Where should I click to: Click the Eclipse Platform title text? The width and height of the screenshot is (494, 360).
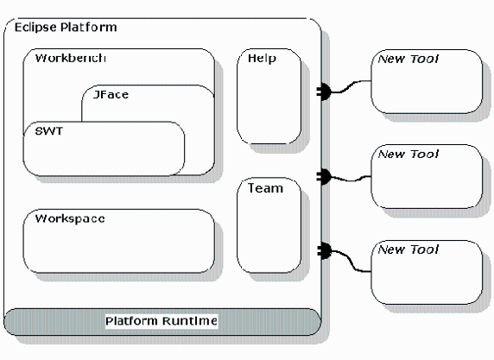tap(66, 28)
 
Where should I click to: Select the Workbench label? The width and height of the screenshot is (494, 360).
tap(70, 58)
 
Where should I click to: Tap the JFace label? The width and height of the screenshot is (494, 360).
tap(111, 94)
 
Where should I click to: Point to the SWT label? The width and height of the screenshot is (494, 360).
tap(49, 131)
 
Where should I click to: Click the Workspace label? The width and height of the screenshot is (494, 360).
tap(70, 218)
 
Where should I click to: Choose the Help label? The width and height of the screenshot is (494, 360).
tap(262, 59)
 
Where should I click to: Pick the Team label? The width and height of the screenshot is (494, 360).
tap(265, 188)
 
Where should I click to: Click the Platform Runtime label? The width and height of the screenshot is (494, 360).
tap(161, 321)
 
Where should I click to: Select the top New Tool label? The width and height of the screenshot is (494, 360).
tap(408, 59)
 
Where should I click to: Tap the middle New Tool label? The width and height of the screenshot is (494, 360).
tap(408, 154)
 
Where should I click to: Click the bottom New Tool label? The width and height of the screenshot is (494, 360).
tap(408, 249)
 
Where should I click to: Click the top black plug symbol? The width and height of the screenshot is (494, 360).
tap(324, 92)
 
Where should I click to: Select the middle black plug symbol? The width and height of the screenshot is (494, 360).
tap(324, 176)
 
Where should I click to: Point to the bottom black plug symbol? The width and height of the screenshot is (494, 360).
tap(324, 251)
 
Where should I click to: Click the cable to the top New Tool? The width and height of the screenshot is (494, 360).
tap(351, 85)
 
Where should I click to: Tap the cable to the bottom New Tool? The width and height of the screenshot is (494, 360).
tap(351, 260)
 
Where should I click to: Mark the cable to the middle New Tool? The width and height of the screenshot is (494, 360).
tap(351, 180)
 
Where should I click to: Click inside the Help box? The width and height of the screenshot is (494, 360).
tap(269, 101)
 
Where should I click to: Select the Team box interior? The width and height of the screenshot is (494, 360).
tap(269, 230)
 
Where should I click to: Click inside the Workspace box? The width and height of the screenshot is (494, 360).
tap(119, 246)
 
